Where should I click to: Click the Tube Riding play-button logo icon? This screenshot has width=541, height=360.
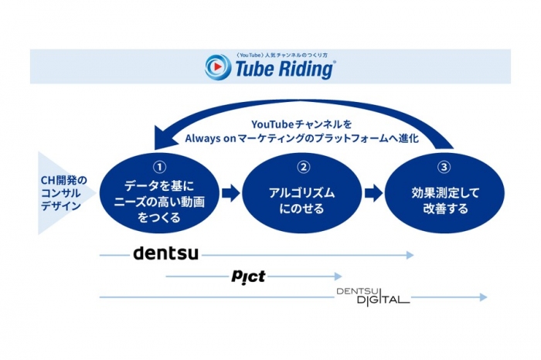pos(219,67)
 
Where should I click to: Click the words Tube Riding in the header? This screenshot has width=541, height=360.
pos(283,70)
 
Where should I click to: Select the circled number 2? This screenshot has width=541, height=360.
pos(303,167)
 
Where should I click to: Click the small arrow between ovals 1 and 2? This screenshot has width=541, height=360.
pos(230,192)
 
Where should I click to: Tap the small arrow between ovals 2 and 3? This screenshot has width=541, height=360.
pos(374,192)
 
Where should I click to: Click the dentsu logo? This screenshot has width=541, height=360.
pos(165,253)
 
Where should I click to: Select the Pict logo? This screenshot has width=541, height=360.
pos(248,276)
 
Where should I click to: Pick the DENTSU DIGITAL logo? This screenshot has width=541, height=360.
pos(373,296)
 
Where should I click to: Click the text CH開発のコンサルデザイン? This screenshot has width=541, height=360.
pos(63,192)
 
